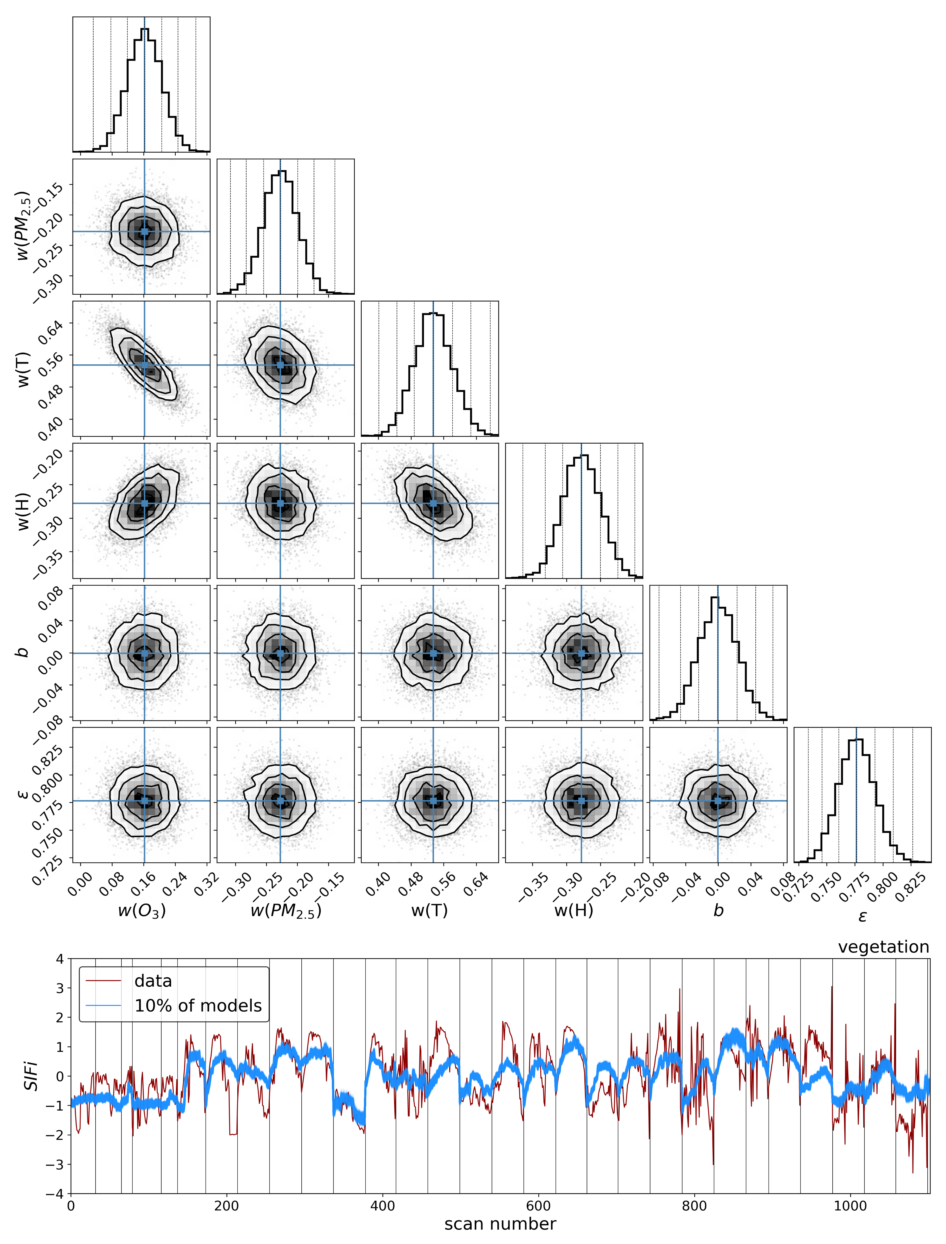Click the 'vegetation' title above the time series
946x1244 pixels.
pos(883,947)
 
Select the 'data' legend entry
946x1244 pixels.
pos(153,981)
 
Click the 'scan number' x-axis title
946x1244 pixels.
pos(500,1223)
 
